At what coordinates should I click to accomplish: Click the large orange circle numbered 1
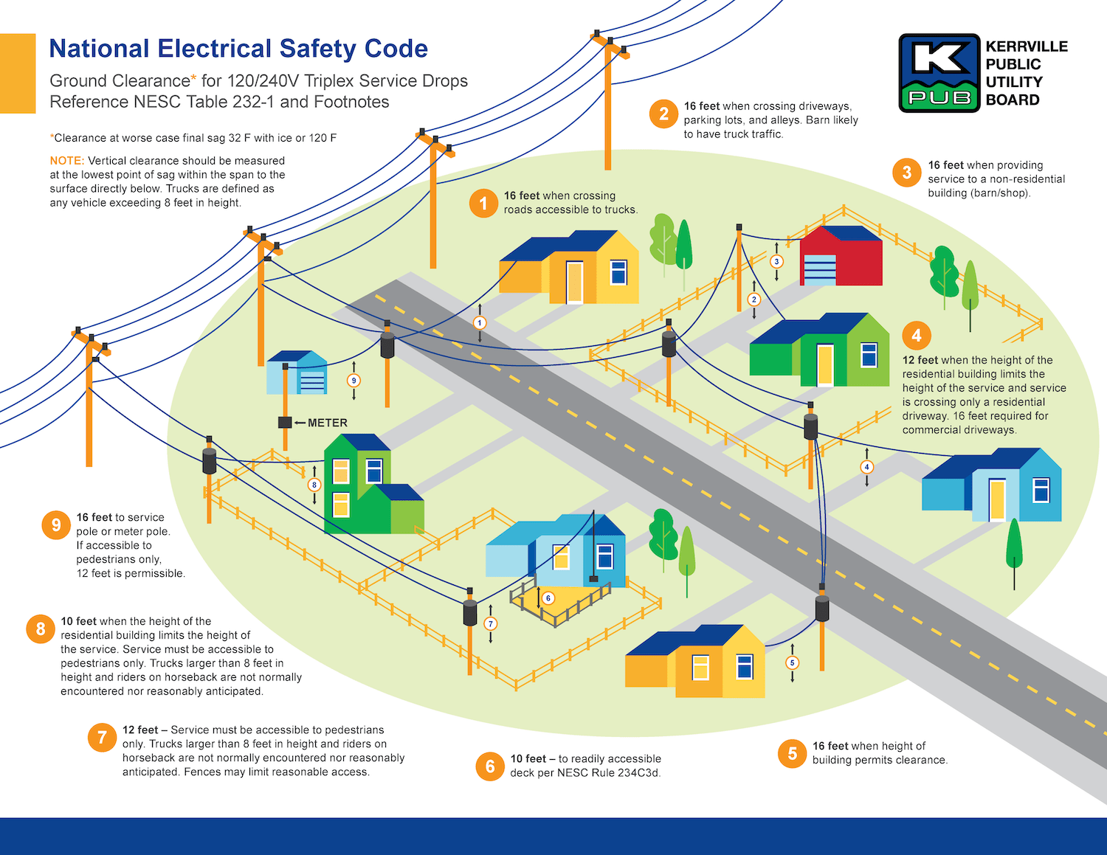click(483, 203)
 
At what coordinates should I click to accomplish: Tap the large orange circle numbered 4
click(917, 336)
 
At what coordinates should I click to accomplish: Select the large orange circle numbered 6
click(490, 766)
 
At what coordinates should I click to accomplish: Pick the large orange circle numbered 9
click(56, 525)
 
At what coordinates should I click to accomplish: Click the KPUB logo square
click(939, 73)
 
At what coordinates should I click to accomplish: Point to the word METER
click(328, 423)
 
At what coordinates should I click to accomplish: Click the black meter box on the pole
click(285, 423)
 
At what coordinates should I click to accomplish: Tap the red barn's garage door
click(819, 270)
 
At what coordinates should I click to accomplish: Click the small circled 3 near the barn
click(776, 261)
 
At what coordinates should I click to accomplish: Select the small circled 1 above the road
click(480, 322)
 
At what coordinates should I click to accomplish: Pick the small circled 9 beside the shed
click(354, 381)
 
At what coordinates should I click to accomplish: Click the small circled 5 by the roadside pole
click(793, 662)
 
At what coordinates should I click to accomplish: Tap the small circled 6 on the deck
click(548, 598)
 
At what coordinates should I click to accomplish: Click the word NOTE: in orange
click(67, 161)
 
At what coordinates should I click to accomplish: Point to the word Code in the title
click(396, 49)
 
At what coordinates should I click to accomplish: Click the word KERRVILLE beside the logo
click(1027, 46)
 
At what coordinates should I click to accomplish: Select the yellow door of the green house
click(824, 364)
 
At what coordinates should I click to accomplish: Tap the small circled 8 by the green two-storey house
click(314, 485)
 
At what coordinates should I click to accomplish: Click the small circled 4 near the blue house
click(867, 467)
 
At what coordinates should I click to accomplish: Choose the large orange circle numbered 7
click(102, 737)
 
